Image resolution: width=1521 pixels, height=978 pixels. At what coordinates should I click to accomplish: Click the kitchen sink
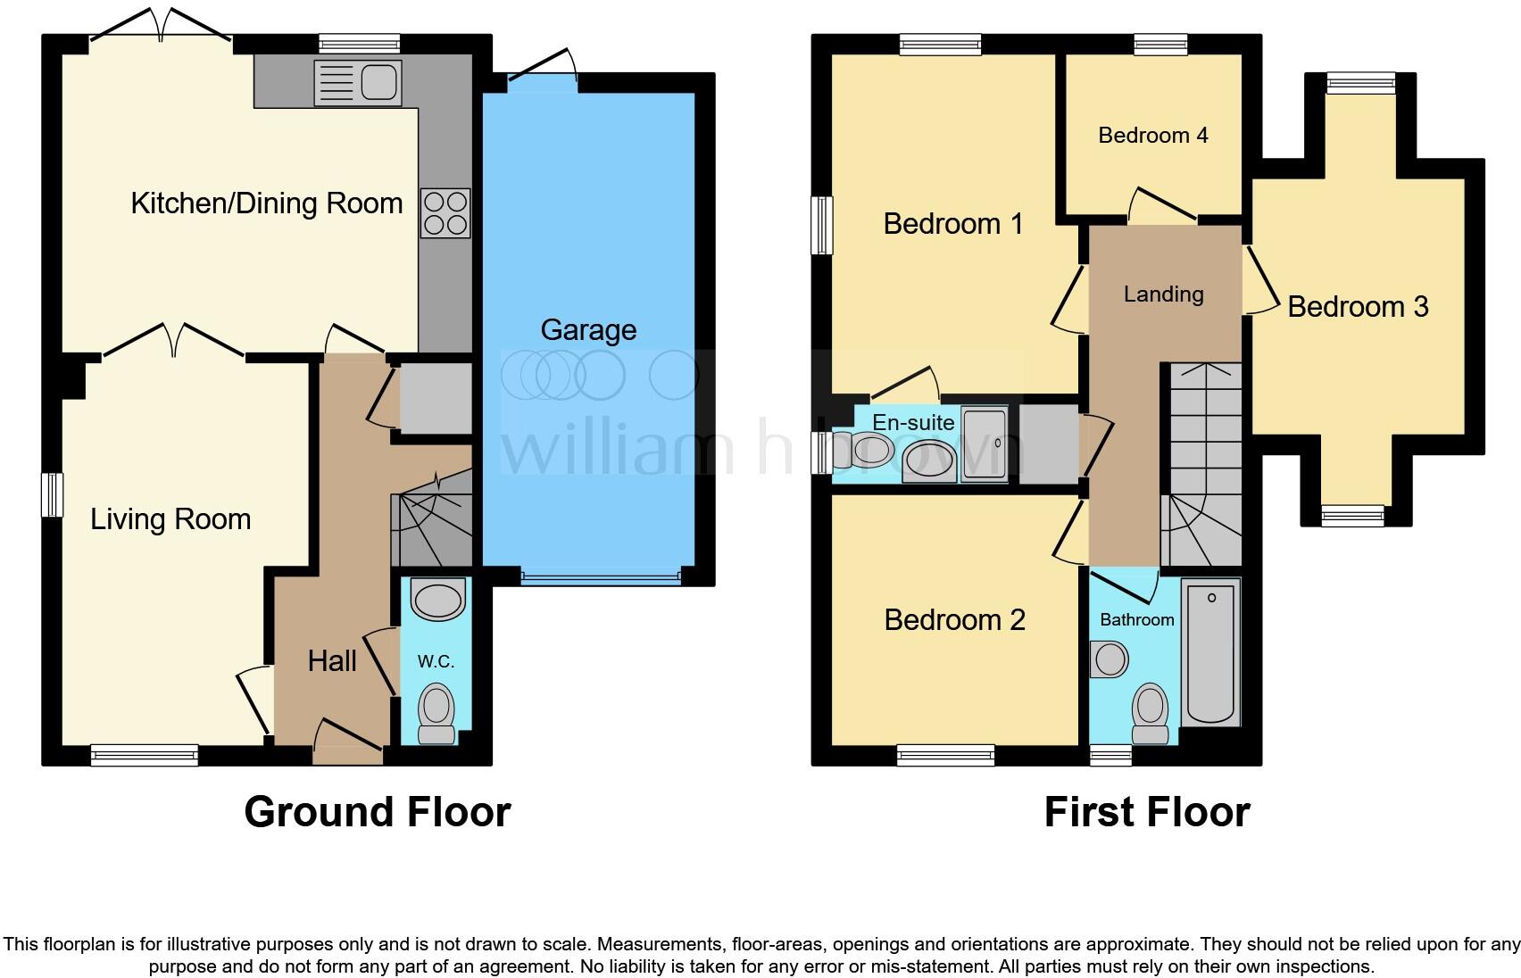pyautogui.click(x=358, y=83)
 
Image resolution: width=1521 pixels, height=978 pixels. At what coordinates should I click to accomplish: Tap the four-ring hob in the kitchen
pyautogui.click(x=445, y=213)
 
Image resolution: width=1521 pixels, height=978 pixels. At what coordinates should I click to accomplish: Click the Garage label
pyautogui.click(x=588, y=330)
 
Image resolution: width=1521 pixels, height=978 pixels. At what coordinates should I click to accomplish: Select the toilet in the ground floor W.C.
pyautogui.click(x=437, y=712)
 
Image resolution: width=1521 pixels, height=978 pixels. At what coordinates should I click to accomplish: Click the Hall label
pyautogui.click(x=332, y=661)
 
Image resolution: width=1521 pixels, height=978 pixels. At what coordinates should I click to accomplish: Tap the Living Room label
pyautogui.click(x=170, y=519)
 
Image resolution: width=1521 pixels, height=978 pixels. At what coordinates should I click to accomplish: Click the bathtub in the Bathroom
pyautogui.click(x=1211, y=652)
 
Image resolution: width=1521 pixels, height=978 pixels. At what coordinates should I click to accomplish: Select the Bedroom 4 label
pyautogui.click(x=1152, y=136)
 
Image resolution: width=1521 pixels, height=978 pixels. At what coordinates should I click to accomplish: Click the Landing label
pyautogui.click(x=1163, y=294)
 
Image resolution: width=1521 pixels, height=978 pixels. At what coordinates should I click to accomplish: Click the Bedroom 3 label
pyautogui.click(x=1358, y=307)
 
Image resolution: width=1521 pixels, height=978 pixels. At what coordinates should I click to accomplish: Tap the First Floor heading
pyautogui.click(x=1146, y=813)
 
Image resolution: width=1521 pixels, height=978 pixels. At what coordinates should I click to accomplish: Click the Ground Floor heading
pyautogui.click(x=377, y=813)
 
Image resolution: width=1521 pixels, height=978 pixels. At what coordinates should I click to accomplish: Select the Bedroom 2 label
pyautogui.click(x=954, y=620)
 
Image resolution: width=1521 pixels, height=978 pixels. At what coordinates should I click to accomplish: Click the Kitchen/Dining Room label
pyautogui.click(x=266, y=203)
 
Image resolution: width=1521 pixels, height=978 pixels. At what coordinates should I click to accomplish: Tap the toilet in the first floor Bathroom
pyautogui.click(x=1151, y=713)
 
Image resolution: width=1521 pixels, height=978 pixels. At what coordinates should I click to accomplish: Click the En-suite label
pyautogui.click(x=912, y=422)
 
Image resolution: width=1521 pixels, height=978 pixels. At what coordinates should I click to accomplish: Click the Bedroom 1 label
pyautogui.click(x=952, y=224)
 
